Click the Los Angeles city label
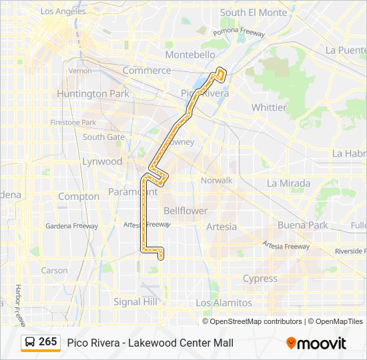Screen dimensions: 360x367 click(64, 12)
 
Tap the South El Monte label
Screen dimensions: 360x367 click(253, 13)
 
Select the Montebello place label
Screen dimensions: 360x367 click(190, 55)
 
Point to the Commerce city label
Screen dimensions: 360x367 click(147, 70)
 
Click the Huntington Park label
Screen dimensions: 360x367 click(93, 94)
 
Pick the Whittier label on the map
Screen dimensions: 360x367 click(269, 107)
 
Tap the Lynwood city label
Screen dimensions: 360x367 click(102, 161)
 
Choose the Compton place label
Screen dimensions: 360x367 click(79, 197)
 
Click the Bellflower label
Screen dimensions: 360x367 click(186, 211)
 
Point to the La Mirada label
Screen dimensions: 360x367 click(288, 183)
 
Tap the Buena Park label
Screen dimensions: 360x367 click(302, 225)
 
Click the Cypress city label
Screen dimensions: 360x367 click(260, 279)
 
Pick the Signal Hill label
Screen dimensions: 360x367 click(136, 302)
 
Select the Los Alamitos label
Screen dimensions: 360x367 click(224, 303)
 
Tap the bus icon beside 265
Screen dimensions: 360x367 click(30, 343)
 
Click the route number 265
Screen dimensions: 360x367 click(48, 342)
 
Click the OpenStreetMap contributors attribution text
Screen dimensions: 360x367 click(256, 321)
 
